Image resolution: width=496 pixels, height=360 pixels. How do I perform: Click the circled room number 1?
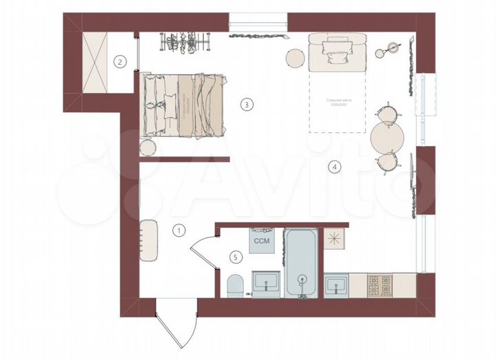tap(178, 231)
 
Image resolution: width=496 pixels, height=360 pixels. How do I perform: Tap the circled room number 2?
tap(120, 61)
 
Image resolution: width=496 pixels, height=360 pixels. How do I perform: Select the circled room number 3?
tap(246, 105)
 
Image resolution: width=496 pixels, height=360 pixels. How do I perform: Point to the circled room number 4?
tap(333, 166)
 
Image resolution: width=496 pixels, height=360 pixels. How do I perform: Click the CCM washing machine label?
tap(262, 242)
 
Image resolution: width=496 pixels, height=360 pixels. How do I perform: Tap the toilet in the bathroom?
tap(235, 284)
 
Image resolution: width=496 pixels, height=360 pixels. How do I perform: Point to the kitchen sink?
tap(335, 284)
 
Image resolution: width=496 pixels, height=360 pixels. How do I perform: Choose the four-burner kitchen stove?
tap(379, 284)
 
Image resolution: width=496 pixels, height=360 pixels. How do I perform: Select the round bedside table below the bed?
tap(147, 148)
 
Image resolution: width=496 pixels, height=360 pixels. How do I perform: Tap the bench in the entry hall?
tap(149, 240)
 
